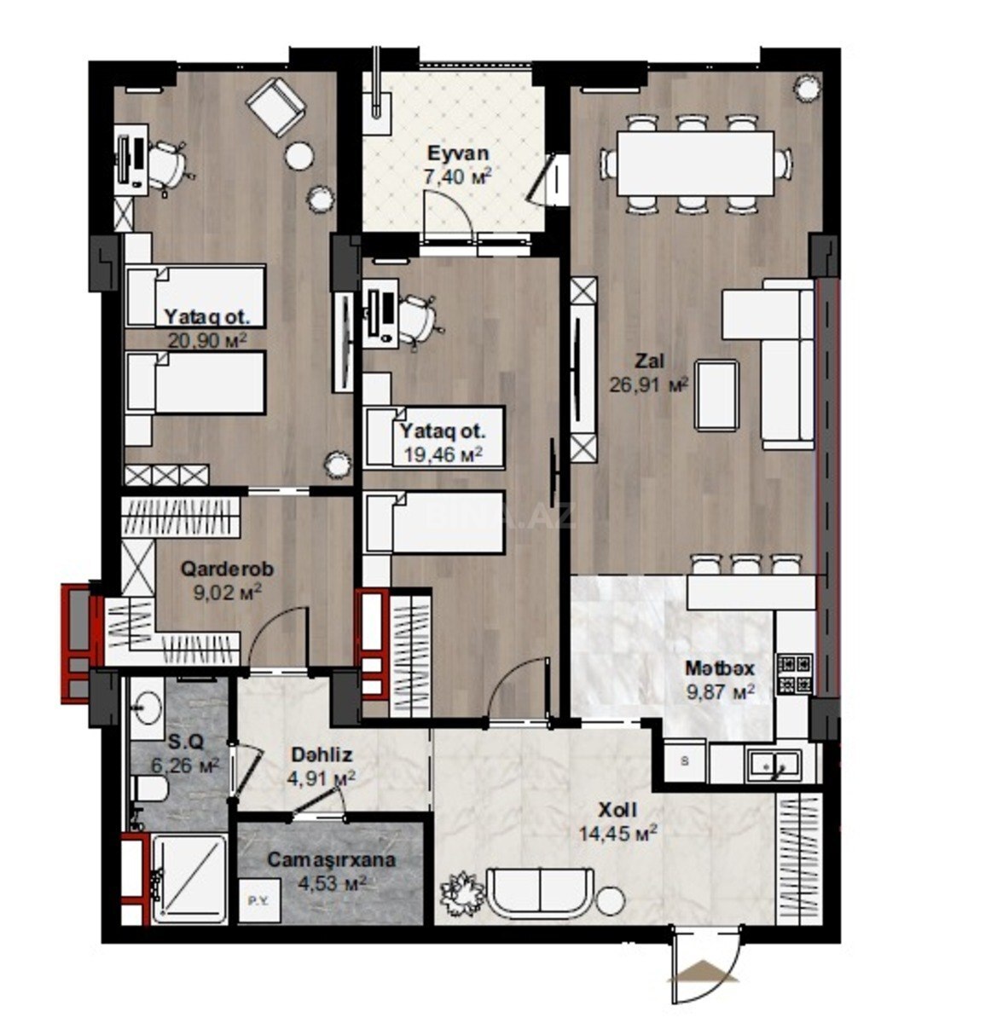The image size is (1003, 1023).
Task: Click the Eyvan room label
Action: (x=457, y=153)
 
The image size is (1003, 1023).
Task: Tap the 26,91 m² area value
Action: (x=648, y=384)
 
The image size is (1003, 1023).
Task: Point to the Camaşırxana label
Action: (x=332, y=859)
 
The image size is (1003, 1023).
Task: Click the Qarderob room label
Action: (x=228, y=569)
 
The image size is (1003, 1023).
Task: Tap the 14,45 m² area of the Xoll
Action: (x=617, y=834)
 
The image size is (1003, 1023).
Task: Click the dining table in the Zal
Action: (x=695, y=164)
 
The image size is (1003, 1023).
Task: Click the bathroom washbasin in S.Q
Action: (x=147, y=708)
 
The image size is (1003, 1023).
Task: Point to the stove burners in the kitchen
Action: (x=795, y=674)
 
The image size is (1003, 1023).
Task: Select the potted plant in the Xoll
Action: (x=463, y=892)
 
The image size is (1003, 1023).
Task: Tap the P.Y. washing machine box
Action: (x=259, y=900)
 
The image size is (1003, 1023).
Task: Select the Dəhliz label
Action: (x=322, y=754)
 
